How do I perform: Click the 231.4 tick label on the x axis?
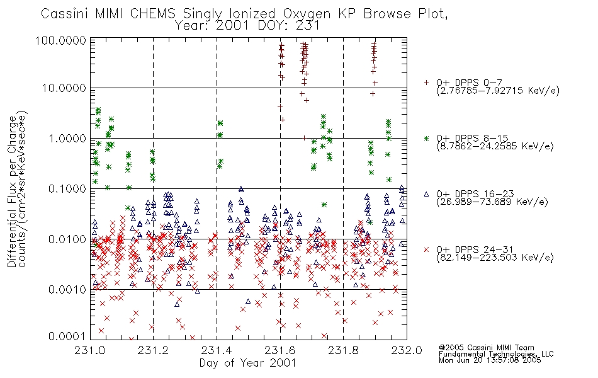pyautogui.click(x=217, y=350)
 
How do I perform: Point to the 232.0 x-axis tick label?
pyautogui.click(x=407, y=350)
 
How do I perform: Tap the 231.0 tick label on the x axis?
pyautogui.click(x=90, y=350)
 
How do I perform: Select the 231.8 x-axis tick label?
pyautogui.click(x=343, y=350)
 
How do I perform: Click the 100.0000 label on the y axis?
pyautogui.click(x=61, y=40)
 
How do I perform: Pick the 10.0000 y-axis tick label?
pyautogui.click(x=64, y=88)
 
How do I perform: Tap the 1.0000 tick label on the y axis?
pyautogui.click(x=67, y=138)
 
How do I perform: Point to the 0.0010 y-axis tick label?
pyautogui.click(x=67, y=289)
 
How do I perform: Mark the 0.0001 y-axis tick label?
pyautogui.click(x=67, y=336)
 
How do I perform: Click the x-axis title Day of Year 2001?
pyautogui.click(x=248, y=363)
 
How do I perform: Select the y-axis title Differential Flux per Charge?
pyautogui.click(x=12, y=192)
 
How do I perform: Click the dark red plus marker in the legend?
pyautogui.click(x=426, y=83)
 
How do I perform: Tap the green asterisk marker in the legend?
pyautogui.click(x=426, y=138)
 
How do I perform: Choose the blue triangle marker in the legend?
pyautogui.click(x=426, y=194)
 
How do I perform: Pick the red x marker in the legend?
pyautogui.click(x=426, y=249)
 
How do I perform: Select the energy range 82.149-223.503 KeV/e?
pyautogui.click(x=495, y=258)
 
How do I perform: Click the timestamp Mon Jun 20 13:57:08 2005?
pyautogui.click(x=490, y=360)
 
